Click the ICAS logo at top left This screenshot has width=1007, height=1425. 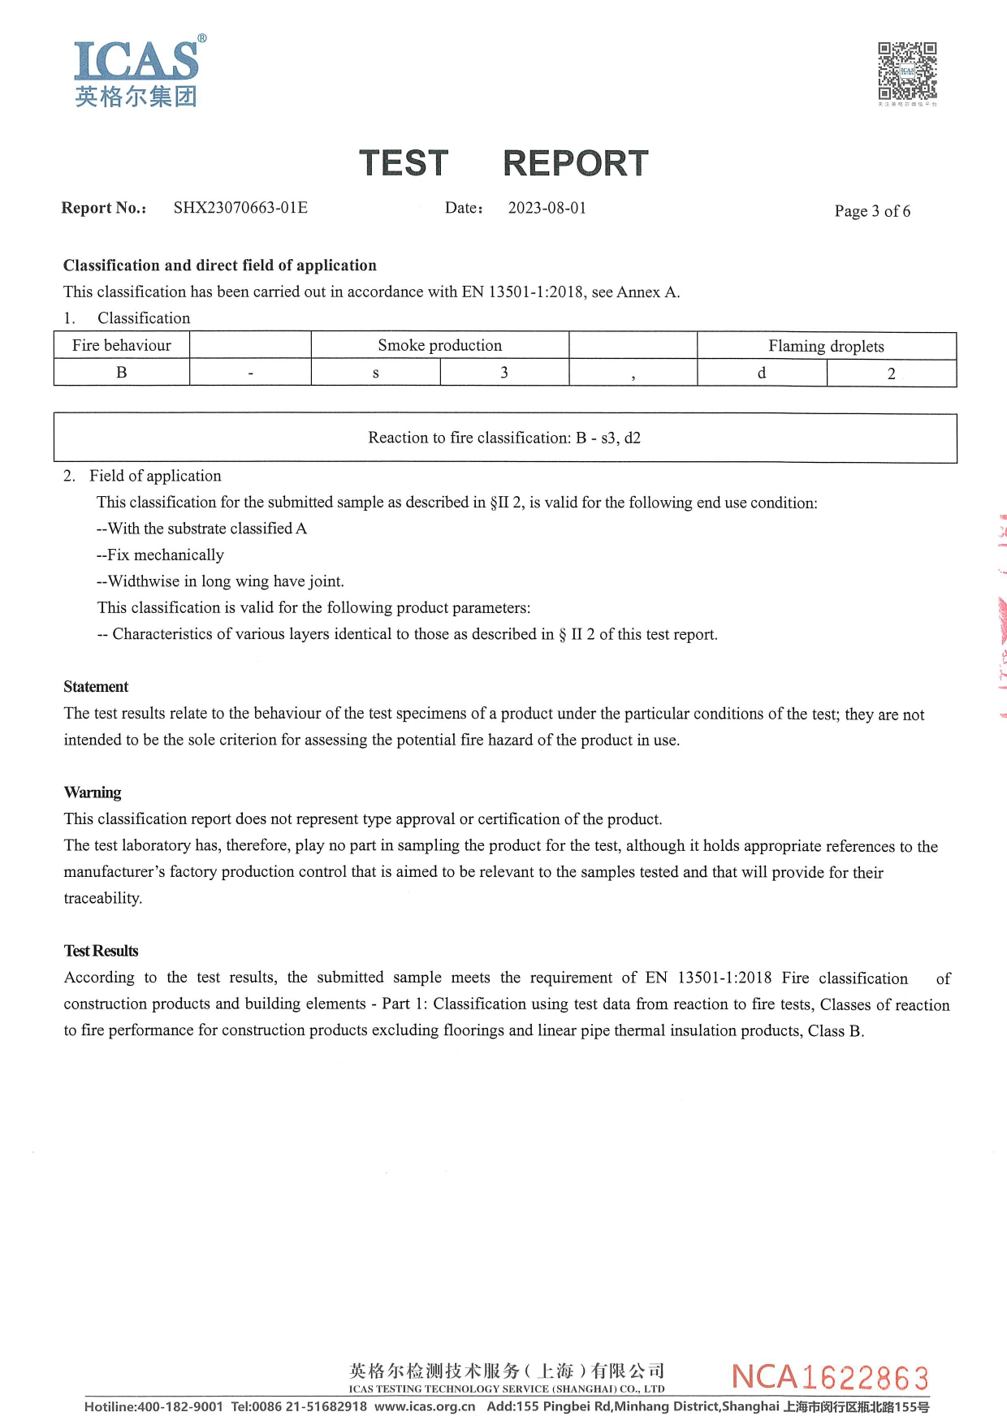(x=136, y=71)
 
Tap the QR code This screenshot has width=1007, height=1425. (x=907, y=71)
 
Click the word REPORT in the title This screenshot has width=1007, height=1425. (x=575, y=163)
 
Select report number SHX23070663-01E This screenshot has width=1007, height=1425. (x=240, y=208)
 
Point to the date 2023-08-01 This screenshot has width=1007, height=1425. (x=547, y=208)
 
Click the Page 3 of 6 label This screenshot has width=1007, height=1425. (x=872, y=211)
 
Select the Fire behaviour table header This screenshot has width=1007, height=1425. (x=122, y=345)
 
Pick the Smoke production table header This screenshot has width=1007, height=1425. (x=439, y=345)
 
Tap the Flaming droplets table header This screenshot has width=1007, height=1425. (x=826, y=346)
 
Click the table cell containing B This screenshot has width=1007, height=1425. (x=122, y=373)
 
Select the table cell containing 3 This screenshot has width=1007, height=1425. (x=503, y=373)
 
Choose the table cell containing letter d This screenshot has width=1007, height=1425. (x=761, y=373)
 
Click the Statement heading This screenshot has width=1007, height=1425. (x=96, y=687)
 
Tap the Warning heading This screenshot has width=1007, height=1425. (x=93, y=792)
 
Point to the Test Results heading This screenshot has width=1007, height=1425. (x=101, y=951)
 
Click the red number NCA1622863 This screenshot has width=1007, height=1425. (x=830, y=1377)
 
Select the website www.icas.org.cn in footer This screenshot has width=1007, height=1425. (x=425, y=1406)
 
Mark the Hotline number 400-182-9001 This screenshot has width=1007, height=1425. (x=179, y=1406)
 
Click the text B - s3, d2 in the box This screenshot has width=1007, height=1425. (x=608, y=438)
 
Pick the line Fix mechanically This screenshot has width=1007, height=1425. (x=160, y=555)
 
